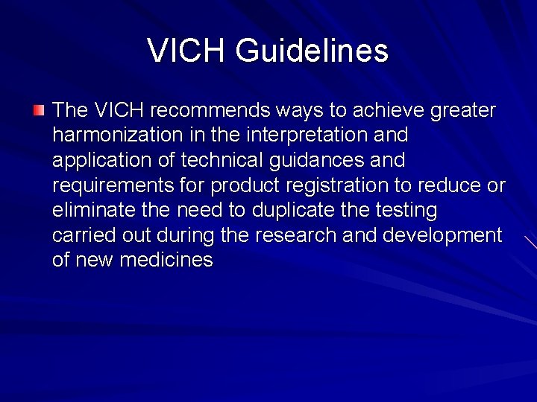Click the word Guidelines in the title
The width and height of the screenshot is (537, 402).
pos(312,51)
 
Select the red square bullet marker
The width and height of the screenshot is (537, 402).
pos(39,111)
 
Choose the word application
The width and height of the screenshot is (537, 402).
pos(95,161)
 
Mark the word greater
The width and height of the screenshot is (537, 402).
pos(463,111)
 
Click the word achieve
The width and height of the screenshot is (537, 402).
pos(388,111)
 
